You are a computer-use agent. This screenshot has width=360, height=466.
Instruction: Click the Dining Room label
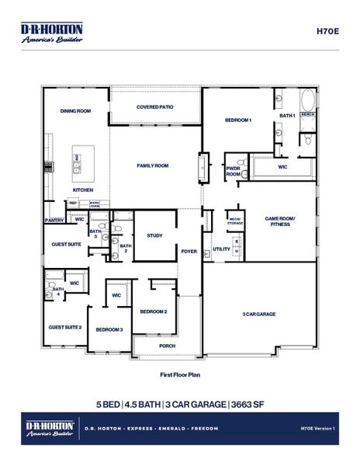click(76, 111)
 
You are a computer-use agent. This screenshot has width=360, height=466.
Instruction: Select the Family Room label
click(153, 165)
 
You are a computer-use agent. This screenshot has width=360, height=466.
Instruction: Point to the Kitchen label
click(83, 190)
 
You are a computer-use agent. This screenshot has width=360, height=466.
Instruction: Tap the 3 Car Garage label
click(260, 314)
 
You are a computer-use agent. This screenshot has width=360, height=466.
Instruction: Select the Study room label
click(154, 235)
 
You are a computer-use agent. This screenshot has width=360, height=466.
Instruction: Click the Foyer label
click(189, 251)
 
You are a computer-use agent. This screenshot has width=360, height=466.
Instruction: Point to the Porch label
click(167, 346)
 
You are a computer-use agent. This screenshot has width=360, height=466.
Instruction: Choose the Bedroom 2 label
click(154, 311)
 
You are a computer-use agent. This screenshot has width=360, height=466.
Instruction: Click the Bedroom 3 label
click(109, 329)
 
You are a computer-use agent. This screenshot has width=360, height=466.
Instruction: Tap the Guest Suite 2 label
click(66, 327)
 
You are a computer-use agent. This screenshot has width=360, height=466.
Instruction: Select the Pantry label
click(54, 220)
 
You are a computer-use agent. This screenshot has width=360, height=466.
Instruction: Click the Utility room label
click(221, 249)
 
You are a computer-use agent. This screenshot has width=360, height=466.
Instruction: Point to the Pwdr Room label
click(233, 172)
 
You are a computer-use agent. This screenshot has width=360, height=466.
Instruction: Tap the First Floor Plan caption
click(180, 374)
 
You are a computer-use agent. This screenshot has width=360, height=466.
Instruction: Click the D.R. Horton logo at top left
click(51, 32)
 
